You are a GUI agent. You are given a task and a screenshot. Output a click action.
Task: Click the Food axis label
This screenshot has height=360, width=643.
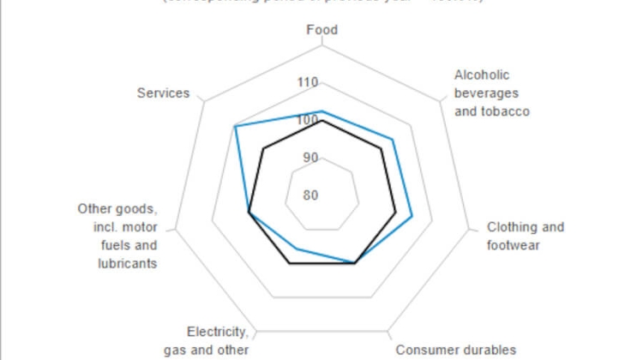click(322, 30)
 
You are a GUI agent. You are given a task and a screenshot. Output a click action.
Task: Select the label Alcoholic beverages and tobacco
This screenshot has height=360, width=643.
click(491, 93)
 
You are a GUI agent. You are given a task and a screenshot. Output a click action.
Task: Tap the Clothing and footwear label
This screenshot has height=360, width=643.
click(525, 236)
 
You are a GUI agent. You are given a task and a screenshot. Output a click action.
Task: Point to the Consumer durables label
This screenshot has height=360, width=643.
click(455, 349)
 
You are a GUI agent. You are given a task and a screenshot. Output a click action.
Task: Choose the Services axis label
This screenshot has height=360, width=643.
click(163, 93)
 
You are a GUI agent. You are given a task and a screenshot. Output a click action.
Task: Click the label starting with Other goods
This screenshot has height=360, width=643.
click(117, 236)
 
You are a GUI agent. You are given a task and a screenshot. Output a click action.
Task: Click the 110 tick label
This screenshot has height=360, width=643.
click(308, 83)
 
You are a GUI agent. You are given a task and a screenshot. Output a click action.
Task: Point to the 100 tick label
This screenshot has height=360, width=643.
click(308, 121)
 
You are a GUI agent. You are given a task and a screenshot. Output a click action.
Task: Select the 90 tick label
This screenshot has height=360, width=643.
click(309, 158)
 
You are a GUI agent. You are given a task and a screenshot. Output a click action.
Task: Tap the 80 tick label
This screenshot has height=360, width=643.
click(309, 195)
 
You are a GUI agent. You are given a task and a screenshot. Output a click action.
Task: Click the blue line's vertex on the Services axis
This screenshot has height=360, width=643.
click(235, 127)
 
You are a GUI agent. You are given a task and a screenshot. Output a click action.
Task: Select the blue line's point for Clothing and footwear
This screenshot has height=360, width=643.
click(412, 216)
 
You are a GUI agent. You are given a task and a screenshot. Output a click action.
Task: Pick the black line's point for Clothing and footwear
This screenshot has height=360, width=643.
click(395, 212)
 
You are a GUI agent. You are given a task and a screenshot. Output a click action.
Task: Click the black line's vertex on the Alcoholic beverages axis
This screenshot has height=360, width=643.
click(382, 149)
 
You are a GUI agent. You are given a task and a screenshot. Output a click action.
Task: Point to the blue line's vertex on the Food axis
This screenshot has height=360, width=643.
click(322, 111)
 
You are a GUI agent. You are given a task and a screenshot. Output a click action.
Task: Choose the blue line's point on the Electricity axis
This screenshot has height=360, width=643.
click(297, 249)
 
